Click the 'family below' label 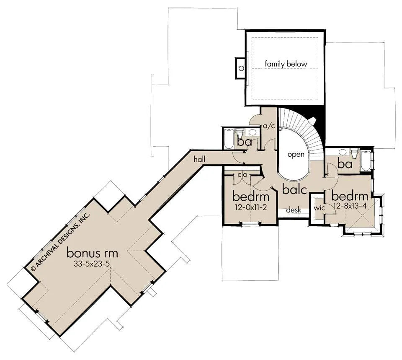[x=286, y=64]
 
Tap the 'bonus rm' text [x=92, y=253]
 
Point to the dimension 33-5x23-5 [x=92, y=264]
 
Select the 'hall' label [x=199, y=159]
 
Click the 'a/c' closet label [x=269, y=126]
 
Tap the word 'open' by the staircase [x=296, y=155]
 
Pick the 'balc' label [x=294, y=190]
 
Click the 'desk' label [x=294, y=210]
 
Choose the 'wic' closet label [x=319, y=208]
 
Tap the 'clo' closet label [x=242, y=175]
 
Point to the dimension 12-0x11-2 [x=251, y=207]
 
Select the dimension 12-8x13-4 [x=350, y=205]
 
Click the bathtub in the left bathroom [x=228, y=139]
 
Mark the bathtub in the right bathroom [x=365, y=161]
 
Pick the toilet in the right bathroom [x=355, y=153]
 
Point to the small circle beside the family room [x=241, y=68]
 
